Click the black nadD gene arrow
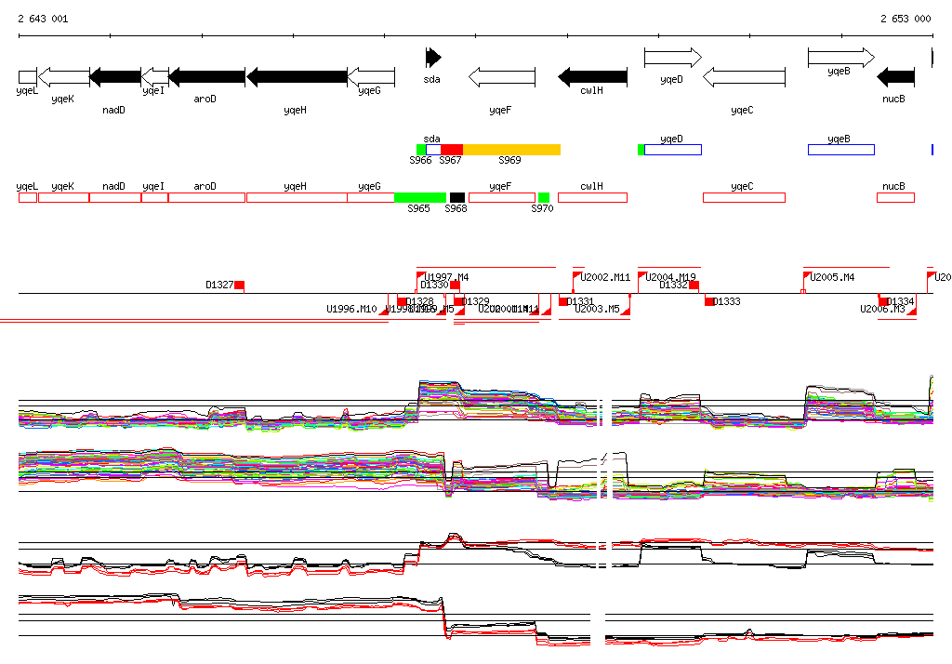click(x=115, y=76)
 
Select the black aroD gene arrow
click(x=206, y=76)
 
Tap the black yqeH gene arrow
click(x=297, y=76)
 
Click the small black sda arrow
click(x=433, y=58)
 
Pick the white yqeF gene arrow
click(x=502, y=76)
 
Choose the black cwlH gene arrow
click(x=592, y=76)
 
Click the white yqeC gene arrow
click(x=744, y=76)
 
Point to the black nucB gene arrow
click(x=896, y=76)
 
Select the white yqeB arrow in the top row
click(x=840, y=58)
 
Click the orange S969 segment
click(x=511, y=150)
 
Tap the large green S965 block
click(x=419, y=197)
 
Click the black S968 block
click(x=456, y=197)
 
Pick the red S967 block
click(x=451, y=150)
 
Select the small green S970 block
click(x=544, y=197)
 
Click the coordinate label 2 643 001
click(x=42, y=19)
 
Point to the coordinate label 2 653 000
click(x=906, y=19)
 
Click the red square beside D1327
click(x=239, y=286)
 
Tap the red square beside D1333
click(x=709, y=301)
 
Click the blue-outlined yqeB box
click(x=840, y=150)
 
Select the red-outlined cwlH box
click(x=592, y=197)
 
